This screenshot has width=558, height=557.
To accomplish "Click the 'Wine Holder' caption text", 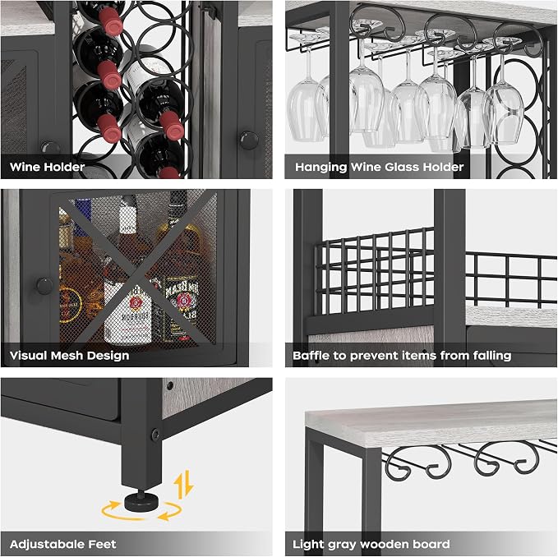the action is point(47,167).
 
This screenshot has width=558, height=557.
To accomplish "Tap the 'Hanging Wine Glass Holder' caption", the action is point(380,167).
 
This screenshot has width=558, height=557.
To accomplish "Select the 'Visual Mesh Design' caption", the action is point(69,356).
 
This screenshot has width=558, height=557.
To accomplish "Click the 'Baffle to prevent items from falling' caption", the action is point(402,356).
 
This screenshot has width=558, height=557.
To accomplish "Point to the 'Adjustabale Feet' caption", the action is point(63,544).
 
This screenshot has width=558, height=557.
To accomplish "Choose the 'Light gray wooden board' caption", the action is point(371,544).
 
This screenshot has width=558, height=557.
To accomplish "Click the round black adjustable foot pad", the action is point(141,502).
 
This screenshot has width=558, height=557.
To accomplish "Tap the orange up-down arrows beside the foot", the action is point(183,484).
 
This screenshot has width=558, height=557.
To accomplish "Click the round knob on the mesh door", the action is point(45,286).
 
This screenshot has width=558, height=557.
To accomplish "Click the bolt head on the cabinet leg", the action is point(155,434).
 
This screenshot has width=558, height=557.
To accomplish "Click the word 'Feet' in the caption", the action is point(103,544).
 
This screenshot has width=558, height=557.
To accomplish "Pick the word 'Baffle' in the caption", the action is point(311,356).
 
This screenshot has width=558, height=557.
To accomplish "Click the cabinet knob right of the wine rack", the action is point(248,140).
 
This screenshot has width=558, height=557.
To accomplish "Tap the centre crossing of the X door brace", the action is point(138,271).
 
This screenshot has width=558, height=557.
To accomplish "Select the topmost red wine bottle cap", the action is point(113,21).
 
